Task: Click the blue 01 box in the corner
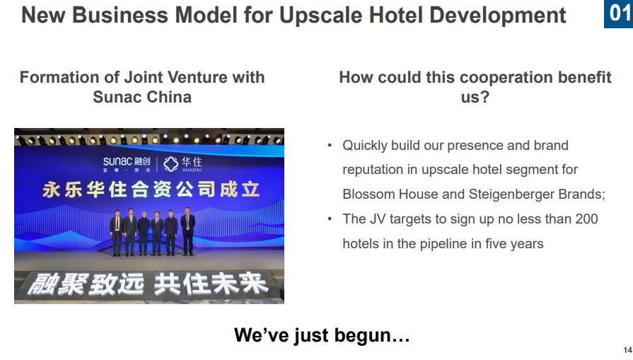(x=618, y=13)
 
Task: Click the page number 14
(x=628, y=350)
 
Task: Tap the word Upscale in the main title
(x=321, y=16)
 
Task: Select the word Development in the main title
(x=497, y=16)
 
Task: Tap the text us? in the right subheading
(x=475, y=97)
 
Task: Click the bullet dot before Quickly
(x=330, y=145)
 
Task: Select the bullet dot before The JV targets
(x=330, y=219)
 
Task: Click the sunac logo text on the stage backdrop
(x=117, y=161)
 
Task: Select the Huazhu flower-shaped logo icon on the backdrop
(x=170, y=164)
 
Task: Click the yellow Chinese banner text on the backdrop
(x=151, y=190)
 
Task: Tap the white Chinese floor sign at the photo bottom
(x=147, y=284)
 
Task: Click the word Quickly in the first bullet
(x=365, y=146)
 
